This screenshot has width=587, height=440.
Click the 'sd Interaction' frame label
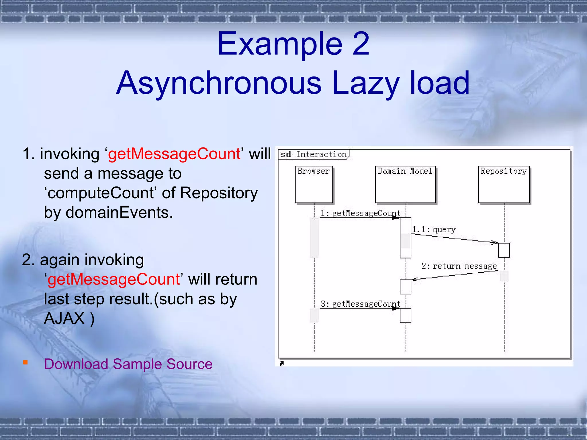(x=314, y=154)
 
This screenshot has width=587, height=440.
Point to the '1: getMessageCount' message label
(x=360, y=213)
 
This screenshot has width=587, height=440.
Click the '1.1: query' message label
(x=434, y=229)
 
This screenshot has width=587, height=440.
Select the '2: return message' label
(x=459, y=266)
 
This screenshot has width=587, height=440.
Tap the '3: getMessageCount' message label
(x=360, y=304)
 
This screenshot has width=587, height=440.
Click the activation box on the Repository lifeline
(x=504, y=250)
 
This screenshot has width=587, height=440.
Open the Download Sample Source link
(x=128, y=364)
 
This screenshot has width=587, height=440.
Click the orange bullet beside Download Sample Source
(x=26, y=362)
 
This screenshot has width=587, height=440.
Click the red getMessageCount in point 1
(x=174, y=154)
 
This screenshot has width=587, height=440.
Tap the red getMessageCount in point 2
(x=114, y=279)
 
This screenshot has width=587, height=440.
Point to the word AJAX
(x=64, y=318)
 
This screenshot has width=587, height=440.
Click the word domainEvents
(x=108, y=213)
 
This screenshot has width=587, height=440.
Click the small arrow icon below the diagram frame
(x=282, y=363)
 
